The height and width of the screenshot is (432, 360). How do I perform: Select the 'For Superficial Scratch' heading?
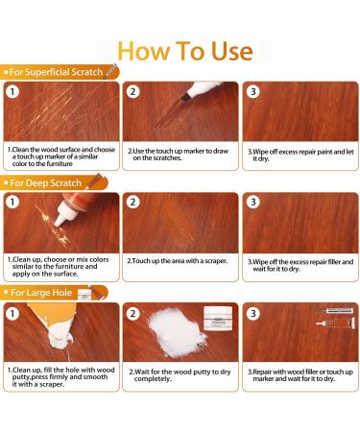pyautogui.click(x=56, y=71)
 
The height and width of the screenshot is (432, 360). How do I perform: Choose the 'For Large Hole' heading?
pyautogui.click(x=42, y=292)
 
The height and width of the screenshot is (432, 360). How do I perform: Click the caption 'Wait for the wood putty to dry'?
pyautogui.click(x=179, y=374)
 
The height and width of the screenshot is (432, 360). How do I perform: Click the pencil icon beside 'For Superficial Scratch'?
pyautogui.click(x=112, y=70)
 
